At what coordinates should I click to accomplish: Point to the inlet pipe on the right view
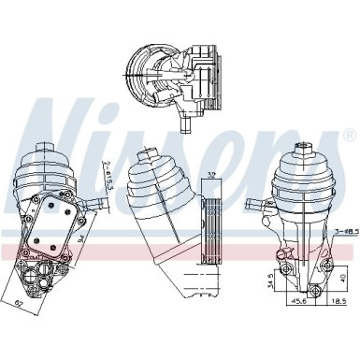[x=254, y=202]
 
